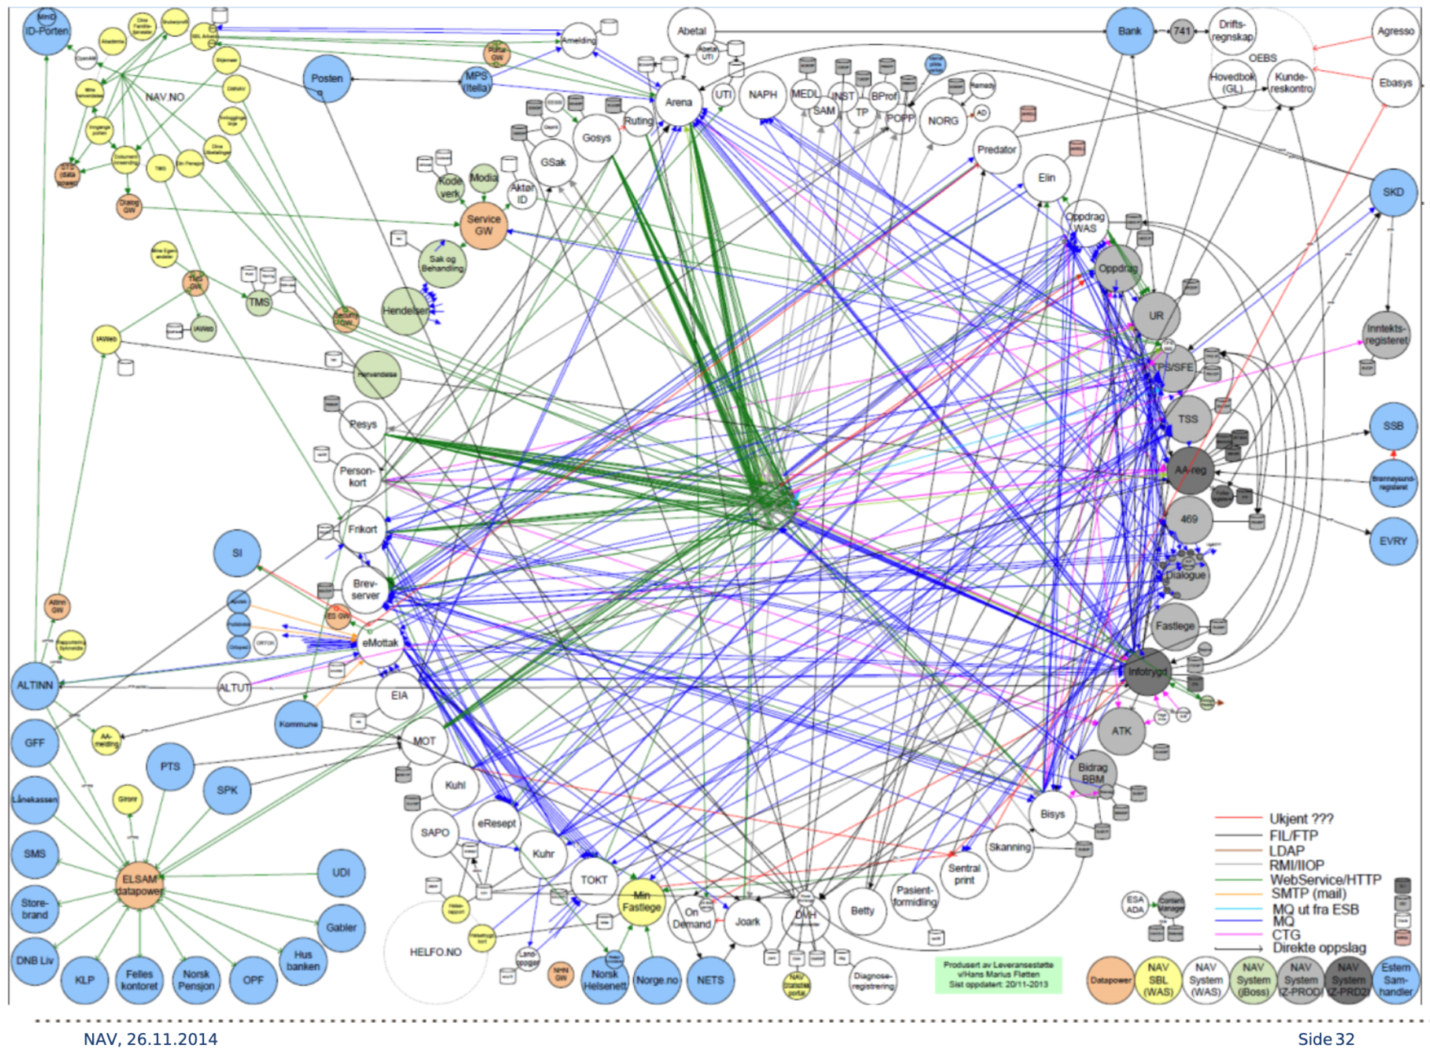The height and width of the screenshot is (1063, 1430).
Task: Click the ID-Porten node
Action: coord(46,31)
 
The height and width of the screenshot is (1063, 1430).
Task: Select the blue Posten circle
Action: coord(327,79)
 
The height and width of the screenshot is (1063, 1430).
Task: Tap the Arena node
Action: coord(678,102)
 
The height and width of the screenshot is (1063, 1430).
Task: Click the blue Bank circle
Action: coord(1129,31)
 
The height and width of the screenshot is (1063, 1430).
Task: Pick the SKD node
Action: coord(1393,192)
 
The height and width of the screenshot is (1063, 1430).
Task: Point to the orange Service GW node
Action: coord(483,225)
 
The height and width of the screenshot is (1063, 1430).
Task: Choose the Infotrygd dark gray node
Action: coord(1147,672)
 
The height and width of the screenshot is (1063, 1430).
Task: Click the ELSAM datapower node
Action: coord(139,885)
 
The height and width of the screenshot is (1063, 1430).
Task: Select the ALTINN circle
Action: coord(35,685)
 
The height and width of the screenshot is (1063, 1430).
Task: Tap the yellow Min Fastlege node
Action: coord(642,901)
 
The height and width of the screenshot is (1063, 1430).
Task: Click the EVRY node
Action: coord(1393,541)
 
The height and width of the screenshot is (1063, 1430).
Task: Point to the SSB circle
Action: coord(1393,426)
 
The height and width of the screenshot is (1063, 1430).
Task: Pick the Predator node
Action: coord(996,150)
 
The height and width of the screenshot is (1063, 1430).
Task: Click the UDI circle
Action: coord(341,872)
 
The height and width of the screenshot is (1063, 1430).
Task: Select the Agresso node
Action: coord(1395,31)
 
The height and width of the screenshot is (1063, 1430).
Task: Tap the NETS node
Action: coord(710,980)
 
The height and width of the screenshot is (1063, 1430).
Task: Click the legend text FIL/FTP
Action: coord(1293,835)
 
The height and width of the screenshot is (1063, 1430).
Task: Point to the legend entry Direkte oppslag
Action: coord(1319,948)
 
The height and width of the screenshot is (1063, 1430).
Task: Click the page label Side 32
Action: coord(1326,1039)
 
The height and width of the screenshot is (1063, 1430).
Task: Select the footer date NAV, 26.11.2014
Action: coord(150,1039)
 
